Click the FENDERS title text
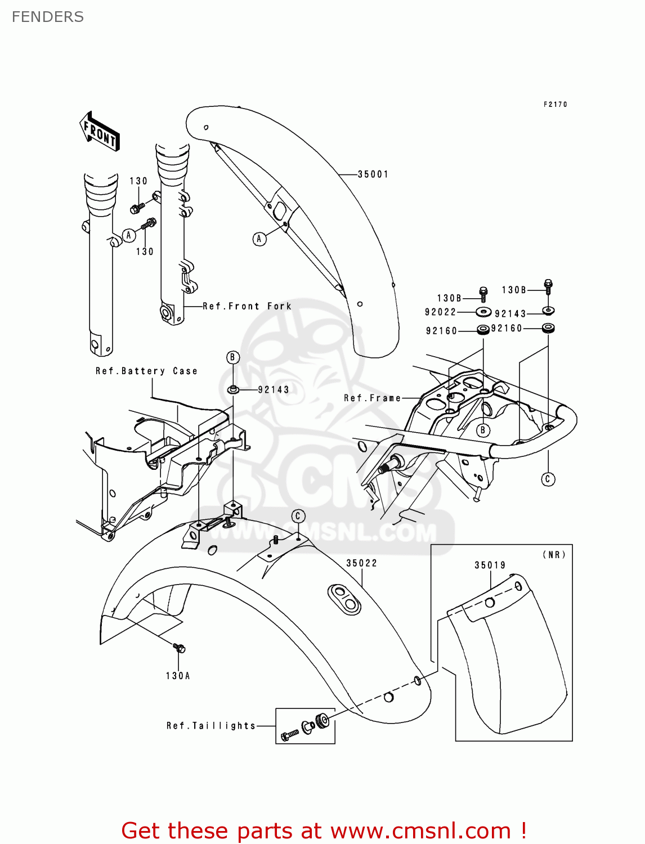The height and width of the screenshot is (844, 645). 48,17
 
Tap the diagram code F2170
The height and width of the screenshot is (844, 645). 555,105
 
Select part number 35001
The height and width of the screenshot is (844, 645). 373,174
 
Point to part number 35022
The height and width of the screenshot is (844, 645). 361,563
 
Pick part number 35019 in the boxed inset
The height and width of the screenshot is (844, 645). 490,565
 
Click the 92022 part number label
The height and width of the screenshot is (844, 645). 440,312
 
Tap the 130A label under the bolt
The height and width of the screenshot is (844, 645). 178,676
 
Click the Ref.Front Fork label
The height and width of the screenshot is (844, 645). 247,307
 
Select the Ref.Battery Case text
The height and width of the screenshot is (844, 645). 146,371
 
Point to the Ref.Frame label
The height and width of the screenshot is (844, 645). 372,398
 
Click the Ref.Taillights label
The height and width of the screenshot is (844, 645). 211,726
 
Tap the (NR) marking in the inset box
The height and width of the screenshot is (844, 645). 554,555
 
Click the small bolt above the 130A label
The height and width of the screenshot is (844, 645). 180,648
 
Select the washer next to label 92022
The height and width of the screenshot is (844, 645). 483,312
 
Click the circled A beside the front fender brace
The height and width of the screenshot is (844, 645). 259,239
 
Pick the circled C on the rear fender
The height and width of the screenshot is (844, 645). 298,516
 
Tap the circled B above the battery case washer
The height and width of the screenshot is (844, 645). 233,357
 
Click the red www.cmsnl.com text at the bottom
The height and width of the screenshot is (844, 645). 420,831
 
